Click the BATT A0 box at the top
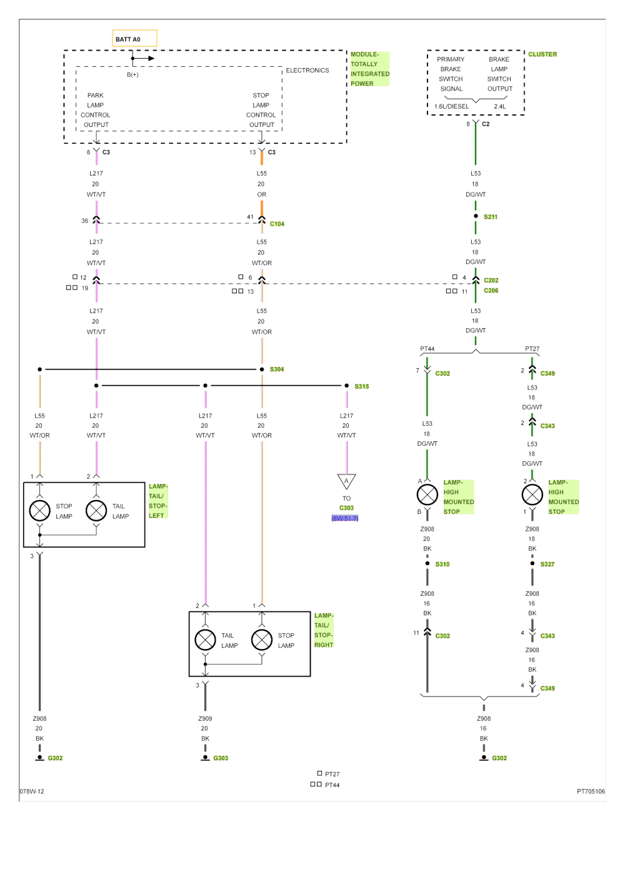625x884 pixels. [x=134, y=39]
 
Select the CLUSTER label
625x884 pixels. [x=542, y=54]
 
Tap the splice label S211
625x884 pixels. [x=490, y=216]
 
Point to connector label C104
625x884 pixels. [x=277, y=223]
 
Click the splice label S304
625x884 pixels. [x=276, y=369]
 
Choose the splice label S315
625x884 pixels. [x=361, y=386]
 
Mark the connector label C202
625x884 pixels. [x=491, y=281]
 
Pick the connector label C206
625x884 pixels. [x=491, y=291]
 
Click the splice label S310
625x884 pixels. [x=442, y=564]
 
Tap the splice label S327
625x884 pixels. [x=547, y=564]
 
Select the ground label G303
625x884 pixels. [x=221, y=758]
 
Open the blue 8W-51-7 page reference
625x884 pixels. [x=346, y=518]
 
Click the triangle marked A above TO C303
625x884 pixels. [x=346, y=481]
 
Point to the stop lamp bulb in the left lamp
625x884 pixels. [x=39, y=511]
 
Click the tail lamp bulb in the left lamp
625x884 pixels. [x=96, y=511]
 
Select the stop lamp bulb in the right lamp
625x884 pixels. [x=261, y=640]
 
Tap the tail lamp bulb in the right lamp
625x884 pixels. [x=205, y=640]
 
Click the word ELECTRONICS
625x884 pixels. [x=307, y=71]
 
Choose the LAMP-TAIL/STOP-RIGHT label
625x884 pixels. [x=324, y=630]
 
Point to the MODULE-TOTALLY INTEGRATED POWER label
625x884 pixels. [x=369, y=69]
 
